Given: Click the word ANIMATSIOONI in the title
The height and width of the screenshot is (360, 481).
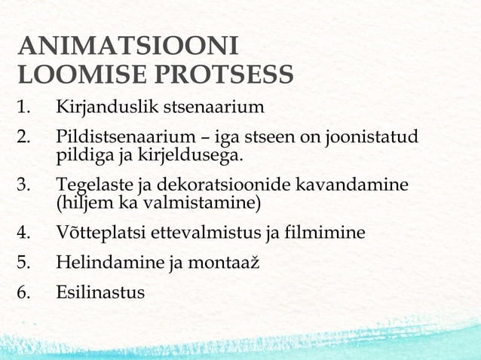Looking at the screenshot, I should pyautogui.click(x=128, y=47).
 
